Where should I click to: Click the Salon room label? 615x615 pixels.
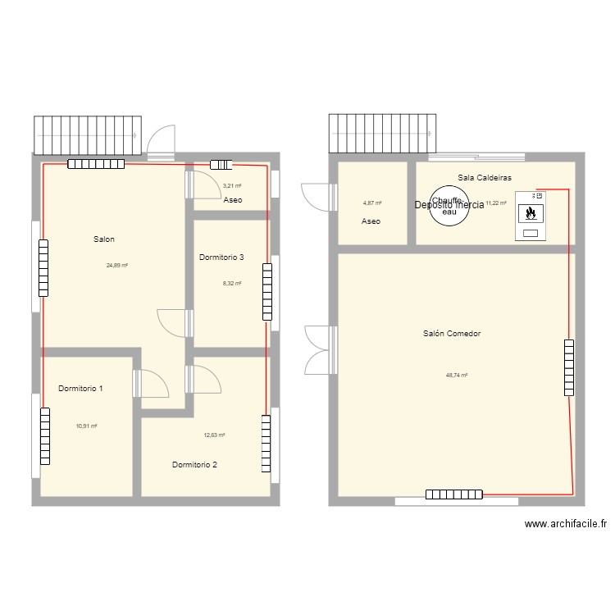click(x=103, y=239)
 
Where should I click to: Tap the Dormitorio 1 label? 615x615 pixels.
click(x=80, y=389)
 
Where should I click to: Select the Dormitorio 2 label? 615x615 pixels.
click(x=194, y=465)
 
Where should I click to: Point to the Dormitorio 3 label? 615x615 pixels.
click(x=221, y=257)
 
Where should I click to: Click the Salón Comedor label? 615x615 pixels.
click(x=452, y=334)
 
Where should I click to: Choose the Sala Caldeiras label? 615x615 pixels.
click(x=479, y=177)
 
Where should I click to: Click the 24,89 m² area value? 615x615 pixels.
click(x=116, y=265)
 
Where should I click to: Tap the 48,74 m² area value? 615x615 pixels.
click(x=456, y=375)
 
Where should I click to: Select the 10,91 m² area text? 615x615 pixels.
click(x=86, y=426)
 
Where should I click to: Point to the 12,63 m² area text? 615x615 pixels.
click(x=214, y=435)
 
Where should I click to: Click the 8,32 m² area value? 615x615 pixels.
click(x=233, y=284)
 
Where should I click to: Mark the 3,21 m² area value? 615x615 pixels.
click(x=232, y=186)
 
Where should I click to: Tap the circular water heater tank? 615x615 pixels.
click(x=449, y=205)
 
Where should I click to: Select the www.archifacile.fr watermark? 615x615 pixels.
click(x=565, y=525)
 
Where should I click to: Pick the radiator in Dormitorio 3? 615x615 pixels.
click(x=266, y=291)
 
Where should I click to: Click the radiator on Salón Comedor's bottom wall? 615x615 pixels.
click(x=454, y=494)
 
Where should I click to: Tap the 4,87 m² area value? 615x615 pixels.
click(x=372, y=203)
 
